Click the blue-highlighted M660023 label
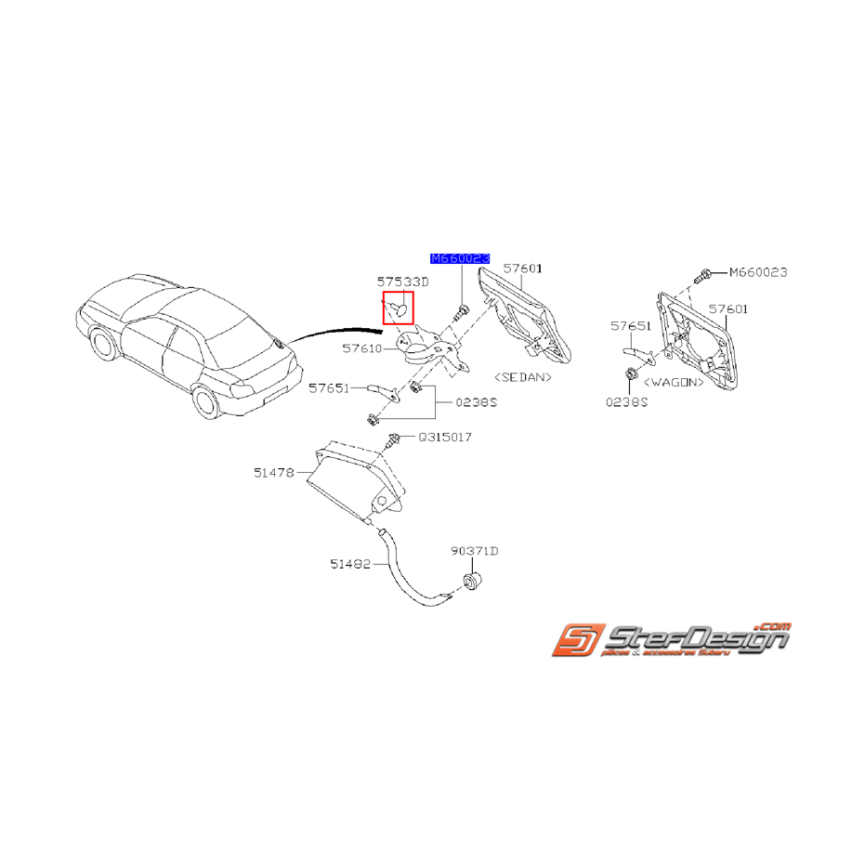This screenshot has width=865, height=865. point(459,258)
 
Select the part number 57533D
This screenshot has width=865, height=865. point(402,281)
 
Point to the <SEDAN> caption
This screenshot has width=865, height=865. point(523,377)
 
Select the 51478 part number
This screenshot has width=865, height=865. point(273,472)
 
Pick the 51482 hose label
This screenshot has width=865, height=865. point(349,563)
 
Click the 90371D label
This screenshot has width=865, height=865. point(475,551)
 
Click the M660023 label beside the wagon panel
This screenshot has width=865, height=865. point(757,272)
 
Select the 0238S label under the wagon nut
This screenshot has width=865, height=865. point(629,402)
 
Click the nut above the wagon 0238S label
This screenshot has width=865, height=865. point(629,374)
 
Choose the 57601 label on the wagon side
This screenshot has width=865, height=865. point(728,308)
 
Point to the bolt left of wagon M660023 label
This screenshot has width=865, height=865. point(705,274)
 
